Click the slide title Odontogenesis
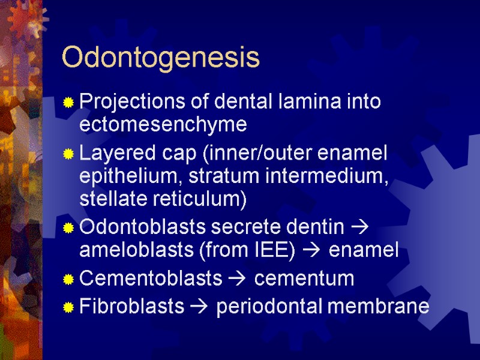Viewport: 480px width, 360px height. point(161,58)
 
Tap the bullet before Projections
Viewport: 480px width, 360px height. point(69,103)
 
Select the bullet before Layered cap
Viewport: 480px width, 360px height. point(69,155)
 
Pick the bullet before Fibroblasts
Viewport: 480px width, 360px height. point(69,308)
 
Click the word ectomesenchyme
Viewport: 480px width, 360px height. point(163,125)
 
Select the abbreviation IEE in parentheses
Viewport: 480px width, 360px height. point(274,251)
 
